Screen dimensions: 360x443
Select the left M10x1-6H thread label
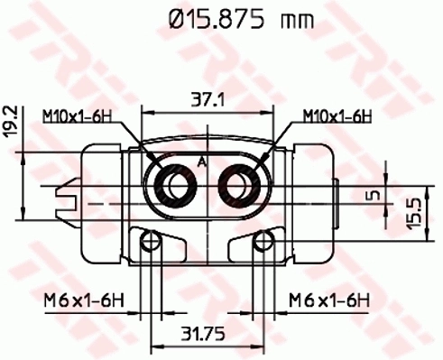75,115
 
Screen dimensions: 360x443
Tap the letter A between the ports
201,162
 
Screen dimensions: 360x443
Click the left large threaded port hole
173,186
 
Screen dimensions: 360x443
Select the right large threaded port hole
241,186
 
